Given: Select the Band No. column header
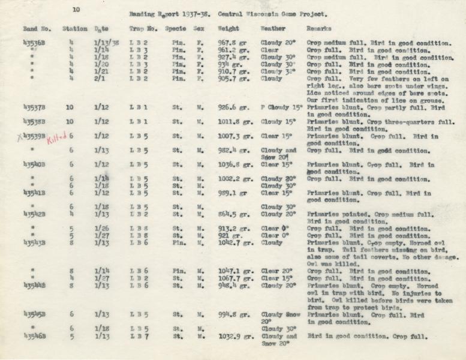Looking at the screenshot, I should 36,29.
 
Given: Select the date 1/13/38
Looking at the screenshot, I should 107,44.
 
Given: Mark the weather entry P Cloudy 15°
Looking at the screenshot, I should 281,108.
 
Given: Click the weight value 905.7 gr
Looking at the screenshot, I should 233,79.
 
